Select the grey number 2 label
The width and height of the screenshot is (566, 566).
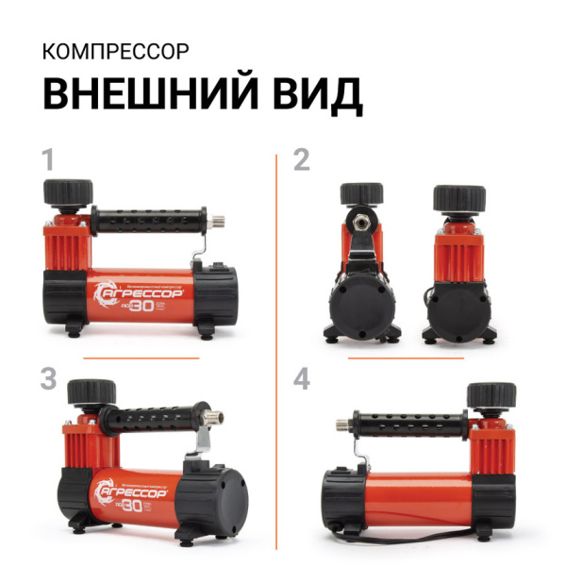[x=302, y=159]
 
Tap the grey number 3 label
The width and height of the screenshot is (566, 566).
[x=50, y=379]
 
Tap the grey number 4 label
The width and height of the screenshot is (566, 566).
[x=302, y=379]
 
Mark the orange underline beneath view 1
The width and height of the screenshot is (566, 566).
[x=141, y=358]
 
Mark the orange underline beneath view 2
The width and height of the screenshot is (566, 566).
[x=406, y=358]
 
